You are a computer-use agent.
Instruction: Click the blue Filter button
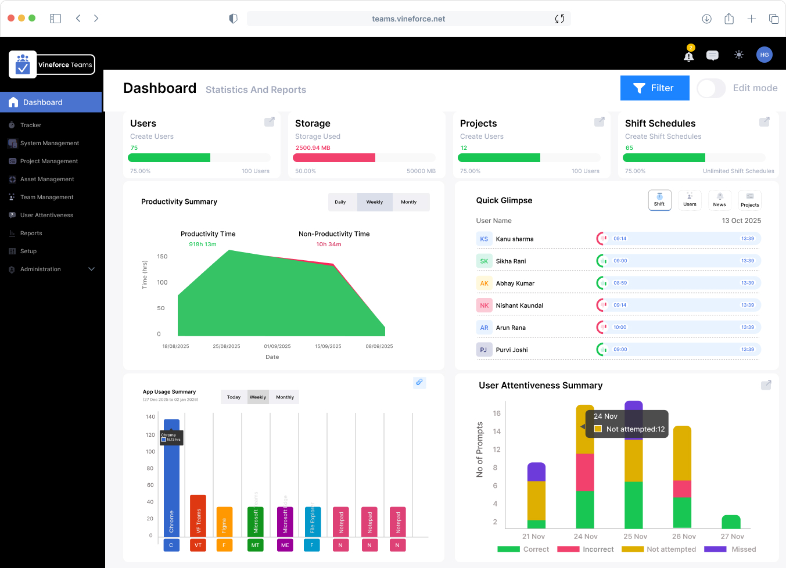click(x=654, y=88)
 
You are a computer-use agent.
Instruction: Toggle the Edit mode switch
click(x=711, y=88)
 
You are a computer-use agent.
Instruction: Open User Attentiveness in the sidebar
click(x=46, y=215)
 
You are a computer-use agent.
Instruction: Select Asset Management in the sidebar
click(x=47, y=179)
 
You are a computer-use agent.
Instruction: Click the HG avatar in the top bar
click(x=764, y=55)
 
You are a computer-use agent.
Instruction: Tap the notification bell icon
click(x=689, y=56)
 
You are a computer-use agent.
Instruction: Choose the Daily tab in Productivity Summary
click(x=340, y=202)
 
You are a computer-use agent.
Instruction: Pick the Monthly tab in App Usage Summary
click(x=285, y=397)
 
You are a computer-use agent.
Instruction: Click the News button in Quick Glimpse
click(x=719, y=200)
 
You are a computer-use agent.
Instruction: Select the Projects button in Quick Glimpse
click(x=749, y=200)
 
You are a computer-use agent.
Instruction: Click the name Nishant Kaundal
click(x=519, y=305)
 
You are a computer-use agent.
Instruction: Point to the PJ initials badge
click(x=483, y=350)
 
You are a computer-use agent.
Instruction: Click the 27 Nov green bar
click(x=731, y=522)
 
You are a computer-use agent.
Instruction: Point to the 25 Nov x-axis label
click(x=635, y=537)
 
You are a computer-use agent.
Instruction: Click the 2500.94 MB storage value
click(x=313, y=148)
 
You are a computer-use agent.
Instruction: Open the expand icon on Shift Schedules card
click(x=765, y=122)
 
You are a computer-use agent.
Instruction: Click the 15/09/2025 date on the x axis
click(x=328, y=346)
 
